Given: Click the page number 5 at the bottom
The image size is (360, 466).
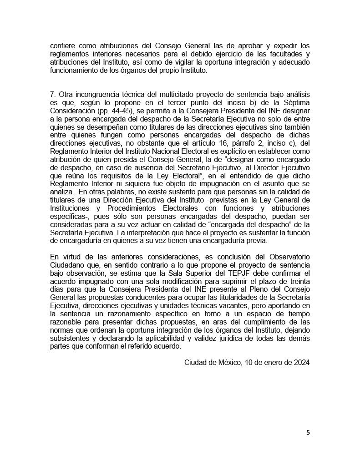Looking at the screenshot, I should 308,432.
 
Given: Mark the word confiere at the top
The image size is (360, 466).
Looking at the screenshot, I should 64,46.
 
